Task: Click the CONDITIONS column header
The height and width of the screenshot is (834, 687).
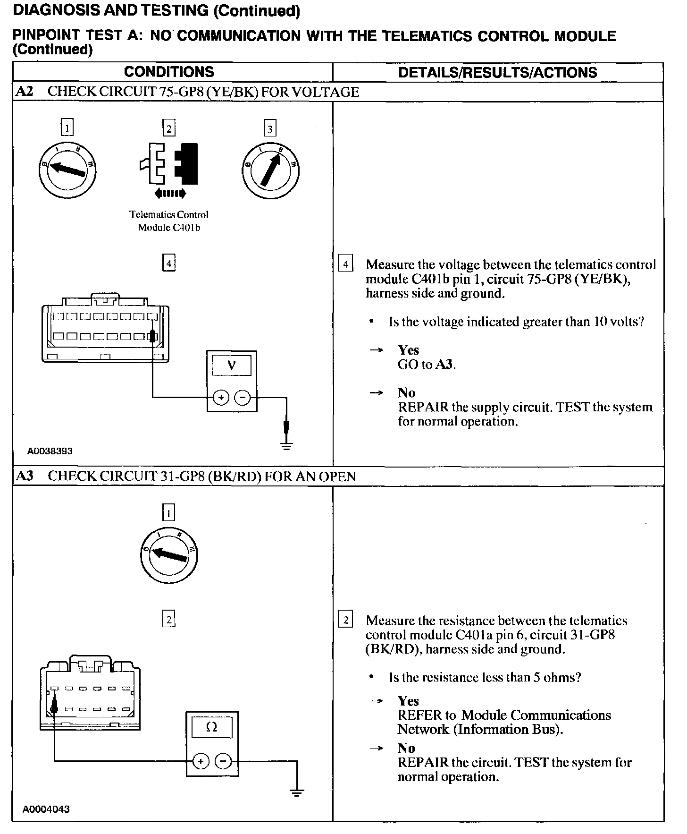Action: [x=169, y=72]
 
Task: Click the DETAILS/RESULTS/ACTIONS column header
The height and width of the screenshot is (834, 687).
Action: [x=497, y=72]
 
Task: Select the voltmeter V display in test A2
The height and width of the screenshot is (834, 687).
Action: [x=231, y=365]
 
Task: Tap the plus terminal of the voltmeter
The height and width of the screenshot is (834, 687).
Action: [x=220, y=398]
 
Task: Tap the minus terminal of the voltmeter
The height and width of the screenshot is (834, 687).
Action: [x=243, y=398]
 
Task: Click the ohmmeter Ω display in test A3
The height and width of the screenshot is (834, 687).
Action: [x=212, y=728]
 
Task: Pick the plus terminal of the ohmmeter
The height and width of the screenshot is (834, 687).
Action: [x=201, y=761]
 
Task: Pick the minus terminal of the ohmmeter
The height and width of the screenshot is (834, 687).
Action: [x=223, y=761]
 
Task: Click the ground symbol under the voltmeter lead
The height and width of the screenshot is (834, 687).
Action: [x=286, y=445]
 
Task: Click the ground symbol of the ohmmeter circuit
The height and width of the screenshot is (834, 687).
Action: [x=296, y=793]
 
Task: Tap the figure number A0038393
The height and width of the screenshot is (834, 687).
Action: [x=50, y=451]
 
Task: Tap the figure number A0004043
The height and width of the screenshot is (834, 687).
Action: [x=46, y=809]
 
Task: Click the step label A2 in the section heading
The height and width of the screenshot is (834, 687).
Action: [x=25, y=92]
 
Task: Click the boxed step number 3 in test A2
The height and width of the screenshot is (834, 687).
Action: [x=270, y=128]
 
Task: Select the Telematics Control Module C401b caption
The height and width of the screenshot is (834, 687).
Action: [x=169, y=221]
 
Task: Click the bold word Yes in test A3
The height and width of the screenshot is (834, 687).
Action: [x=408, y=701]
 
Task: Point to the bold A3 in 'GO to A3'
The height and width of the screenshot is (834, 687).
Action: [x=445, y=364]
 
